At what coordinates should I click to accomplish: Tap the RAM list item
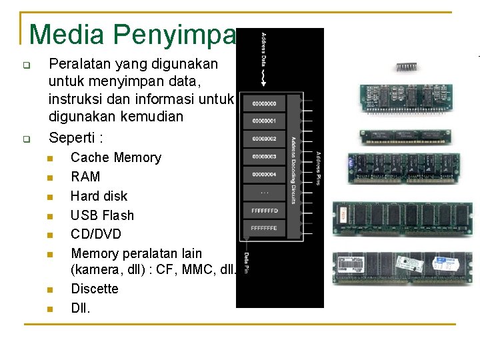tap(85, 177)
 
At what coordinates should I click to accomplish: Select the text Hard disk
tap(99, 196)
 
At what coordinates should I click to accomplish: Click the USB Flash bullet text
tap(102, 215)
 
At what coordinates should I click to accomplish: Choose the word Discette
tap(95, 289)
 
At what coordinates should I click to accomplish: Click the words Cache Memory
tap(116, 157)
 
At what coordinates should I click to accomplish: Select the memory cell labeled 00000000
tap(265, 104)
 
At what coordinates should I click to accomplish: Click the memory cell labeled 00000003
tap(265, 157)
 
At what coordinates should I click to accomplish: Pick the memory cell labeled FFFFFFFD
tap(265, 211)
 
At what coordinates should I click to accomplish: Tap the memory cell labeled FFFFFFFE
tap(265, 228)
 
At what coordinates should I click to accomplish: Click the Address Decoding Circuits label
tap(293, 170)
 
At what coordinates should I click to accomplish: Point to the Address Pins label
tap(319, 168)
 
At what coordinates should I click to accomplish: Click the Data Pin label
tap(246, 262)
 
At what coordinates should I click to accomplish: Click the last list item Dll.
tap(80, 308)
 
